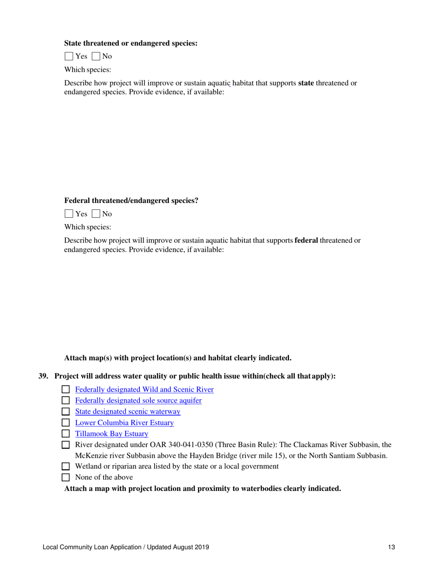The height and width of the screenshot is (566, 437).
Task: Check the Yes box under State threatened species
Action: click(69, 57)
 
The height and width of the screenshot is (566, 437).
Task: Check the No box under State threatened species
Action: click(96, 57)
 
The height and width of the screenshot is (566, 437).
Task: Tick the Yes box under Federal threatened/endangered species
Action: click(69, 214)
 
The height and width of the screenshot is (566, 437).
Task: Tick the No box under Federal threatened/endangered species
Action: click(96, 214)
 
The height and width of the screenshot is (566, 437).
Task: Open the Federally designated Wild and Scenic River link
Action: click(144, 390)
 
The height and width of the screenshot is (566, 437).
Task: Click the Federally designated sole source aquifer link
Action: click(138, 401)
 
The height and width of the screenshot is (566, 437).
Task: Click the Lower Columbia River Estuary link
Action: click(124, 423)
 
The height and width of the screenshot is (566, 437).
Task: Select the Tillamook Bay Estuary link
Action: click(111, 434)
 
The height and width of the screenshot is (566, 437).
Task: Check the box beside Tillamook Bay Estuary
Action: click(65, 434)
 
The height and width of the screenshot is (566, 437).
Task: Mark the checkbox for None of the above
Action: click(65, 478)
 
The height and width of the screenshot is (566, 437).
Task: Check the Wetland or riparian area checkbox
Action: click(65, 467)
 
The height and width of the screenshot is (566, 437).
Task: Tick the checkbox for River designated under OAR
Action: click(65, 445)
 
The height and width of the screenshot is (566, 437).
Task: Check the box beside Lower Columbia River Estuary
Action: click(65, 423)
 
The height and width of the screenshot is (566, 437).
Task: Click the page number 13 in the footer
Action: click(391, 548)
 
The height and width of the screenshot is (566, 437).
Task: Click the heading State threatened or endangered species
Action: click(131, 43)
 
